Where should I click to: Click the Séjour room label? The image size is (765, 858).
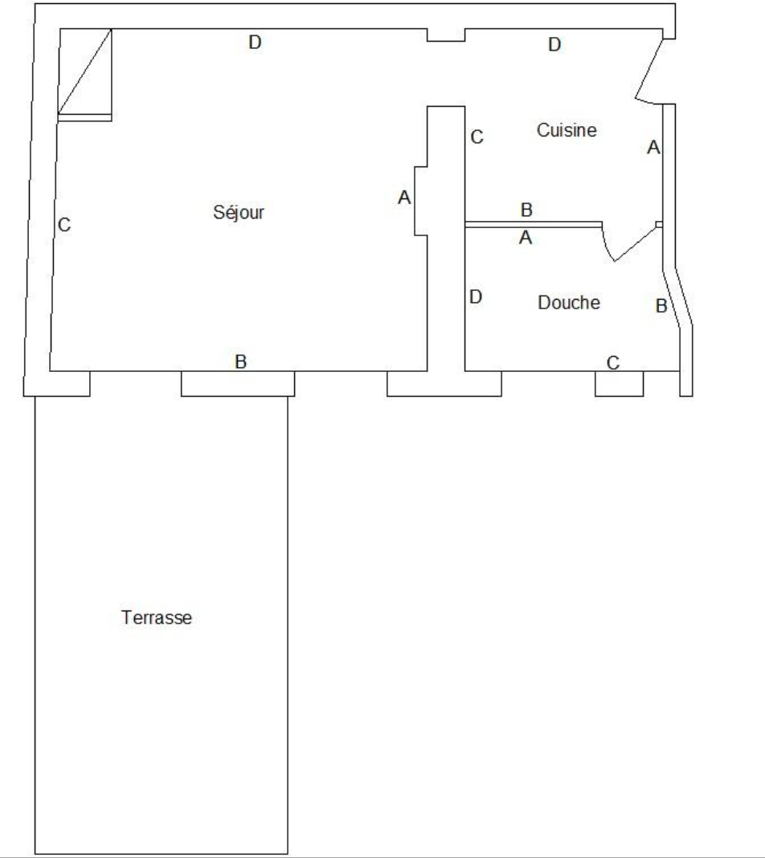pyautogui.click(x=239, y=212)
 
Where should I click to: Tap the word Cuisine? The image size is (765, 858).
pyautogui.click(x=567, y=130)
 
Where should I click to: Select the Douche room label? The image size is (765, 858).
pyautogui.click(x=569, y=303)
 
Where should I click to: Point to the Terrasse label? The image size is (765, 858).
pyautogui.click(x=157, y=618)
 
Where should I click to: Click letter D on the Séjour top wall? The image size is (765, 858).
pyautogui.click(x=255, y=42)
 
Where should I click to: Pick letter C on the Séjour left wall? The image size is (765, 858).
pyautogui.click(x=64, y=225)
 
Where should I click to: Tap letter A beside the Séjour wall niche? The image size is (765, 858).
pyautogui.click(x=404, y=198)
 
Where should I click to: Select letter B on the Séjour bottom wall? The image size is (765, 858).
pyautogui.click(x=241, y=362)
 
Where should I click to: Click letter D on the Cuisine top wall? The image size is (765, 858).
pyautogui.click(x=554, y=44)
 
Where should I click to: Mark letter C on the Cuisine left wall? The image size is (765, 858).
pyautogui.click(x=477, y=137)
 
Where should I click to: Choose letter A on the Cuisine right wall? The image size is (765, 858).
pyautogui.click(x=653, y=147)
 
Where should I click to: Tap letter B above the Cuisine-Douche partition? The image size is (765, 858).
pyautogui.click(x=526, y=210)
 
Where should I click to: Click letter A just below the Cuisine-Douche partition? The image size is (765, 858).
pyautogui.click(x=526, y=238)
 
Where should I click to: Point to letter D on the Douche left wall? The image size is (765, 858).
pyautogui.click(x=476, y=297)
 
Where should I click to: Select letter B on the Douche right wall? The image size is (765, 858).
pyautogui.click(x=661, y=306)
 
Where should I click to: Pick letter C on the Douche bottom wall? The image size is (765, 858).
pyautogui.click(x=613, y=363)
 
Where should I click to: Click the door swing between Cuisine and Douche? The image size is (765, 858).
pyautogui.click(x=615, y=260)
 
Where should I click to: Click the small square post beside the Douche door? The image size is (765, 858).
pyautogui.click(x=659, y=224)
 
